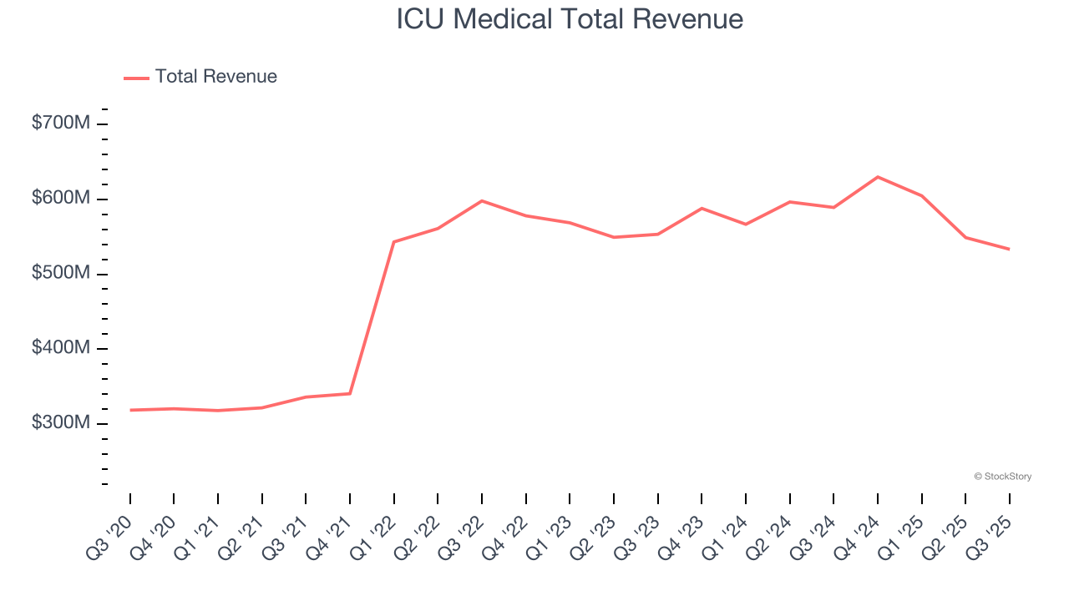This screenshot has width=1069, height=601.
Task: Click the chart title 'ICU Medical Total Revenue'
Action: click(570, 19)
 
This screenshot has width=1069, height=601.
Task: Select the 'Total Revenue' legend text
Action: click(215, 77)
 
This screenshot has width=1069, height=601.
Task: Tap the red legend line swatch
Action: click(136, 78)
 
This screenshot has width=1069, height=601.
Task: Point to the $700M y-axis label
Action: click(60, 124)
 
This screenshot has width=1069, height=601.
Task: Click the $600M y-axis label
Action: click(60, 199)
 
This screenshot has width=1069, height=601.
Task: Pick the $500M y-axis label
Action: click(60, 274)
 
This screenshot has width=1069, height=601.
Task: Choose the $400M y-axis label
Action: click(60, 348)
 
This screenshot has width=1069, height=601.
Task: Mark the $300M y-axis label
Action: click(60, 423)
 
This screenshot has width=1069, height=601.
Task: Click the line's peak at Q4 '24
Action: click(878, 177)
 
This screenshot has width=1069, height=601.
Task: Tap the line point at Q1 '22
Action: click(394, 242)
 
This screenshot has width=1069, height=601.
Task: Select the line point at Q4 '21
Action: click(350, 393)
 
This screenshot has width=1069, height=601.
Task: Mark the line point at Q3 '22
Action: click(482, 201)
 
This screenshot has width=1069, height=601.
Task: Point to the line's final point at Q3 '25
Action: click(1009, 249)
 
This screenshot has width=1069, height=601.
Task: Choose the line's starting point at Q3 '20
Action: click(130, 410)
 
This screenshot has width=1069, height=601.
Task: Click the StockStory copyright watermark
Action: click(1002, 477)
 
